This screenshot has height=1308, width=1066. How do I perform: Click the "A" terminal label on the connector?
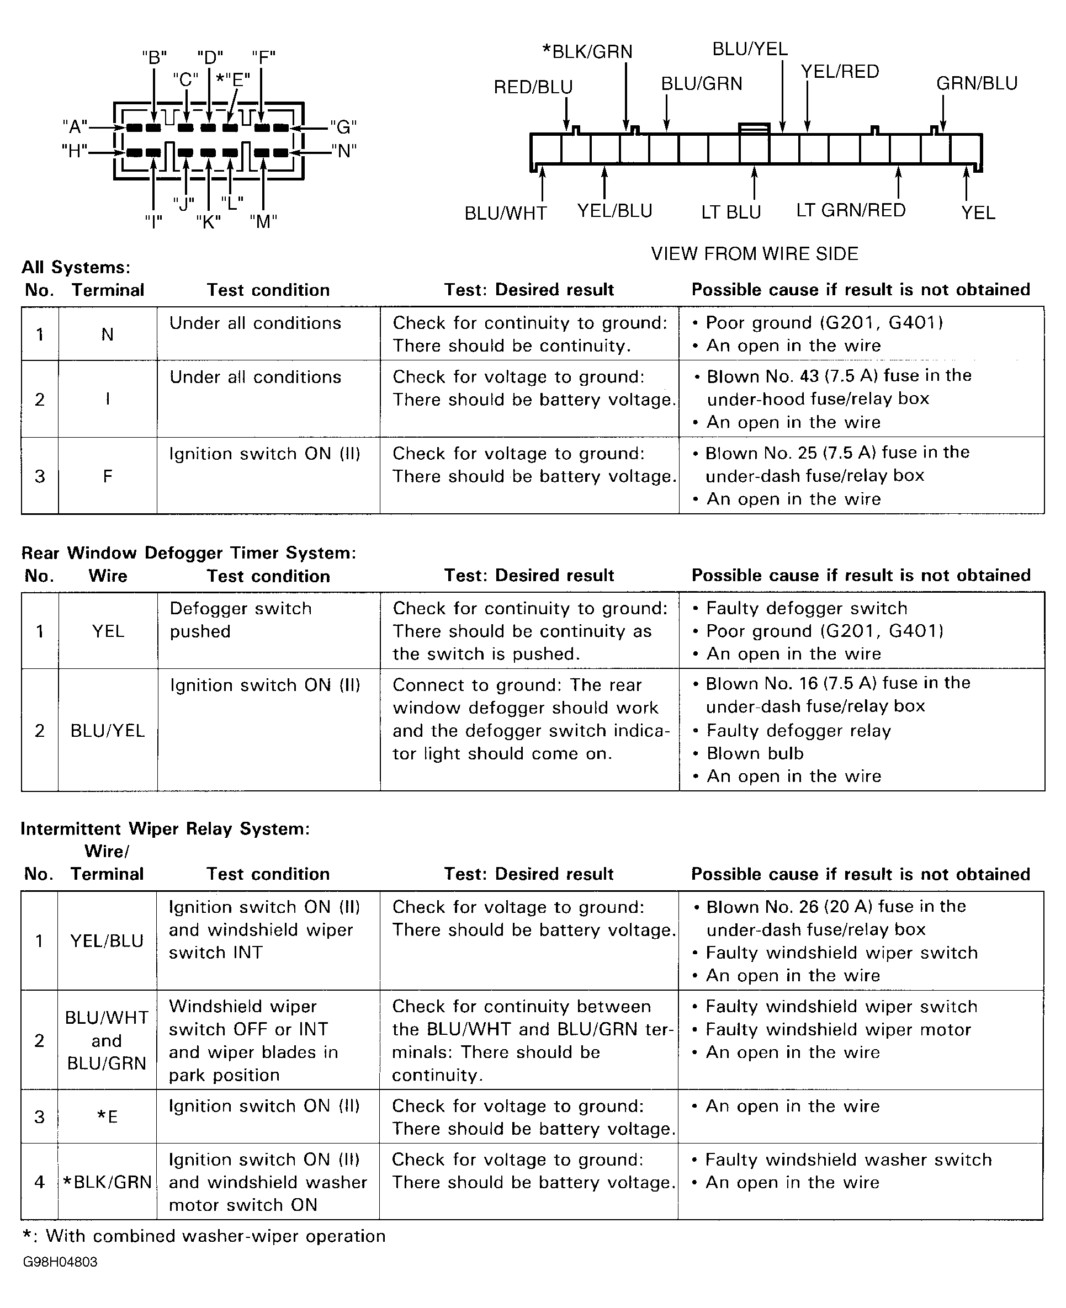tap(75, 127)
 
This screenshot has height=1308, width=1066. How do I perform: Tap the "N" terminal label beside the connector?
tap(344, 151)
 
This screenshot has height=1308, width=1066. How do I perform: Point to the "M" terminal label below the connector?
tap(263, 221)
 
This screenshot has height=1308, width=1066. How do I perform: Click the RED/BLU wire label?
tap(533, 87)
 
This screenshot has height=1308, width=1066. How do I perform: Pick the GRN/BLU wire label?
tap(977, 83)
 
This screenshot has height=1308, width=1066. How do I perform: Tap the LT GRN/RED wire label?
tap(851, 210)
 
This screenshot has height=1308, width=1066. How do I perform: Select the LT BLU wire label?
tap(731, 212)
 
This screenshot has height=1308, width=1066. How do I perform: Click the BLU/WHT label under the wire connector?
tap(505, 213)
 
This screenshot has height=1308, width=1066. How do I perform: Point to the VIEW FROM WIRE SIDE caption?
tap(754, 253)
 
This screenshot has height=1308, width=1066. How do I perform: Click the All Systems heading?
tap(76, 268)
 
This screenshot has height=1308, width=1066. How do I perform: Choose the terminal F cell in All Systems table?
tap(108, 476)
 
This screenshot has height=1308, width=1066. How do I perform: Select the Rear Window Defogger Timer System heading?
tap(188, 553)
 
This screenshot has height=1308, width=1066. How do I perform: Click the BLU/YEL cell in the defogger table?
tap(108, 730)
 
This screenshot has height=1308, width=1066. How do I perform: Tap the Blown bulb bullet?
tap(755, 753)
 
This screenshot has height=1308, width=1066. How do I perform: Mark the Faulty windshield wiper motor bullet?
tap(837, 1029)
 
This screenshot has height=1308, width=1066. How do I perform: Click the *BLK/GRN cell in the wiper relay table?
tap(108, 1182)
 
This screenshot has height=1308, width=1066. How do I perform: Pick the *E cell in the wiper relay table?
tap(108, 1116)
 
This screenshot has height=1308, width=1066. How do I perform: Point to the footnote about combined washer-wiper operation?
tap(204, 1236)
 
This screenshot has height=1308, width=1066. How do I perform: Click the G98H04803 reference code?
tap(60, 1262)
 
